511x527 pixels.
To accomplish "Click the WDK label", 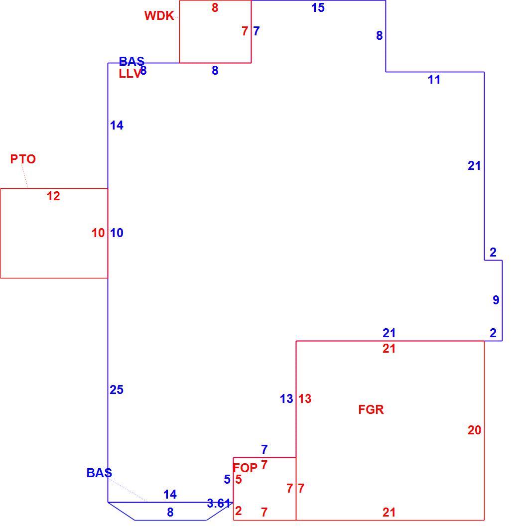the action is click(x=159, y=16).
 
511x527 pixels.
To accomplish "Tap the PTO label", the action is click(x=23, y=159).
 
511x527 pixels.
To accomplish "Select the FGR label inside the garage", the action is click(x=371, y=410).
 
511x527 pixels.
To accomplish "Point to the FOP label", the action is click(x=245, y=468).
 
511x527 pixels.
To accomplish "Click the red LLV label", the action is click(x=129, y=74).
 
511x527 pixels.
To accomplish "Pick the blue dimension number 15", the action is click(x=318, y=8).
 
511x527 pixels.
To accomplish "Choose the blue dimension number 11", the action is click(x=434, y=80).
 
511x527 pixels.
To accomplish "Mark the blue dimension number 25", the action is click(x=117, y=390).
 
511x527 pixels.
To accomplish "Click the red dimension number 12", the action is click(x=53, y=196).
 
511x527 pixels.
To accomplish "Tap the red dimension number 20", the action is click(x=474, y=430).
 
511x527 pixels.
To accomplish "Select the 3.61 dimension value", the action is click(x=219, y=503).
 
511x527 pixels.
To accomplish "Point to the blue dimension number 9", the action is click(x=496, y=300).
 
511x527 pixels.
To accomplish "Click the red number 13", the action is click(x=305, y=399).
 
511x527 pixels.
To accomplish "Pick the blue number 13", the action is click(x=286, y=399).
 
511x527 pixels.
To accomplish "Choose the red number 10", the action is click(x=98, y=233).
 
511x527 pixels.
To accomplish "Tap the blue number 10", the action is click(x=117, y=233).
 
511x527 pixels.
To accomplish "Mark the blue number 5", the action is click(x=227, y=480).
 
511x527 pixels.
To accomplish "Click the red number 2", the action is click(x=238, y=511).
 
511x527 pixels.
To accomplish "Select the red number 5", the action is click(x=238, y=480).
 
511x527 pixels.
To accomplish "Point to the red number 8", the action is click(x=215, y=8).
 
